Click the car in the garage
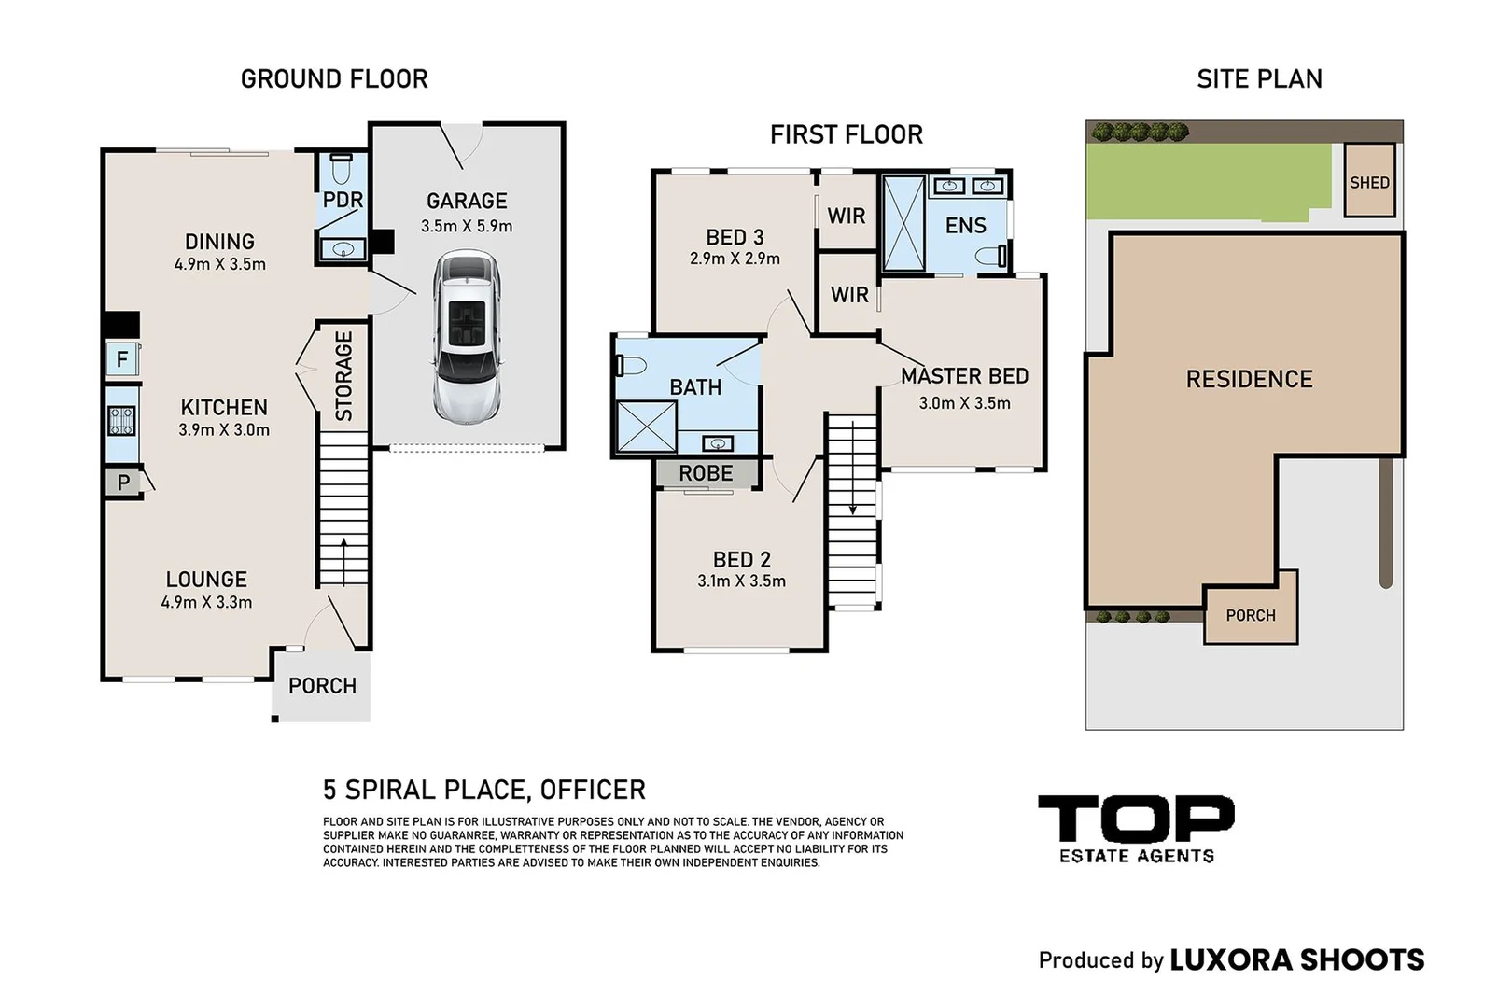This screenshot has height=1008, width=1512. pos(467,337)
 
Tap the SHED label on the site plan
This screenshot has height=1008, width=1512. pos(1369,182)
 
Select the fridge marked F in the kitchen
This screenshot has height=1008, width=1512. pos(122,358)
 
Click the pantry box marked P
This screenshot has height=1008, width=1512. pos(123,482)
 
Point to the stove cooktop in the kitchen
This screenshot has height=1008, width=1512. pos(122,420)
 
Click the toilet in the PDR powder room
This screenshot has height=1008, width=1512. pos(342,169)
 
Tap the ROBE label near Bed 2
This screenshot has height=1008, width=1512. pos(706,473)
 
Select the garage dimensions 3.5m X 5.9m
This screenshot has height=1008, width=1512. pos(467,226)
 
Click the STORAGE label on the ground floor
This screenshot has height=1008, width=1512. pos(343,376)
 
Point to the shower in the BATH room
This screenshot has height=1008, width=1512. pos(646,427)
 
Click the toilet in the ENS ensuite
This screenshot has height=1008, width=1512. pos(991,256)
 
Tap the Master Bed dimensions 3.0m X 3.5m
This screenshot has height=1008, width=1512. pos(964,403)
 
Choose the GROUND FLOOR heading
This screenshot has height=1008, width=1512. pos(334,79)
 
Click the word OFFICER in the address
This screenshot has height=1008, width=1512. pos(593,790)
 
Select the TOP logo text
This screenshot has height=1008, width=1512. pos(1137,819)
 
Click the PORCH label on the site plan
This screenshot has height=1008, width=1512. pos(1251,615)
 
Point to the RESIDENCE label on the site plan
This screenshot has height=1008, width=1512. pos(1250,379)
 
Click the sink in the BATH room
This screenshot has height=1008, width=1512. pos(718,443)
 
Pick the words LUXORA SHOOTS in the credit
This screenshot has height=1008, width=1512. pos(1296,959)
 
